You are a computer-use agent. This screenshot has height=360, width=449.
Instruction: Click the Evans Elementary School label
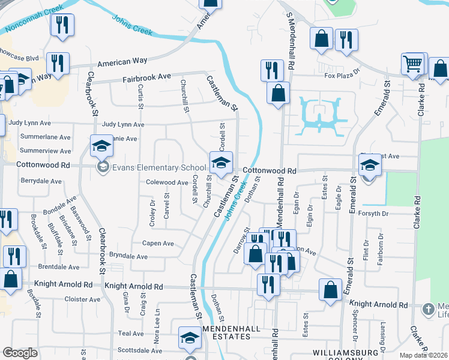tap(160, 167)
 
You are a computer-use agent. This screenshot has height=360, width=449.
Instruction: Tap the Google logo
tap(20, 353)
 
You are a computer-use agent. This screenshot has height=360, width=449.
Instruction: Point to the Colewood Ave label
tap(167, 182)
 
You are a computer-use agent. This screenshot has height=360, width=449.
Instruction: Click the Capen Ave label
tap(157, 244)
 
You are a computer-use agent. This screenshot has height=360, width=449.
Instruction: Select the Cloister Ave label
tap(82, 299)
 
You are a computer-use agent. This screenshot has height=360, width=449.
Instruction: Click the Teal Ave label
tap(131, 334)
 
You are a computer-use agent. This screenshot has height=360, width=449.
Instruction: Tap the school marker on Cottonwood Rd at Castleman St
tap(221, 162)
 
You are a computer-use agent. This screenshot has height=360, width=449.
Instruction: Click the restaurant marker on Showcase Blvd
tap(58, 64)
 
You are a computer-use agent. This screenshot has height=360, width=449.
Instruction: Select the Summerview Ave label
tap(46, 152)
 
